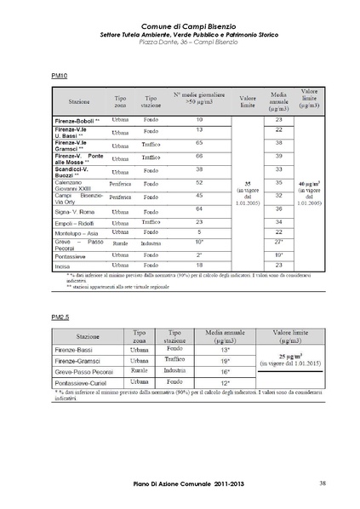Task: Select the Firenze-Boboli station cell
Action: [x=76, y=121]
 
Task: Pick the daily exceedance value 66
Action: [x=198, y=157]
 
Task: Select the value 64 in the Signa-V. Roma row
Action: [x=198, y=209]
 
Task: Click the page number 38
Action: [x=323, y=484]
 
